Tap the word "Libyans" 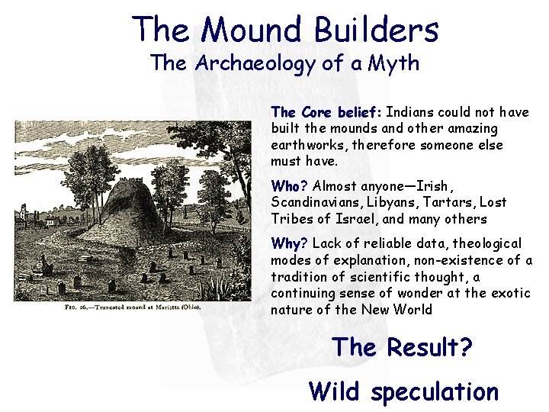point(386,202)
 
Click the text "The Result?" point(402,348)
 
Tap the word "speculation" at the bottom point(434,391)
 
